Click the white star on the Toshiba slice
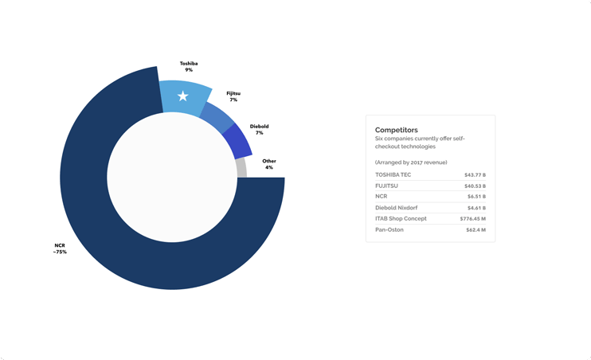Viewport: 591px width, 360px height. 183,96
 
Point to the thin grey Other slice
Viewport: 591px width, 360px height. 242,167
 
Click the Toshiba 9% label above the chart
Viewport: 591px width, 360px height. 188,67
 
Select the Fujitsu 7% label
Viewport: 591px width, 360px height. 233,96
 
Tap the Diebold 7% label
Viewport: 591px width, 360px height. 259,129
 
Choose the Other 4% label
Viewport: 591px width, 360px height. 269,164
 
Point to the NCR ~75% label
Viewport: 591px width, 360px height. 60,248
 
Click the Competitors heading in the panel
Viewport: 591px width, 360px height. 397,129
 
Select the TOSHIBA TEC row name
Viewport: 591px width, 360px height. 393,174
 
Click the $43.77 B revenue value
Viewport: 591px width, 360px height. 475,174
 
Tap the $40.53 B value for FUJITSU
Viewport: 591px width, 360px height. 475,186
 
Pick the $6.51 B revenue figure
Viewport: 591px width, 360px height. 476,196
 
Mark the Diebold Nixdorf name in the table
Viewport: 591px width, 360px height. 397,207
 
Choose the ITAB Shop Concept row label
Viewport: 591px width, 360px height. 401,218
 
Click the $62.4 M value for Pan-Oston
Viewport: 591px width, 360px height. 476,229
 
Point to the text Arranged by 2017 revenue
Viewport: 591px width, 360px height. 411,162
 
